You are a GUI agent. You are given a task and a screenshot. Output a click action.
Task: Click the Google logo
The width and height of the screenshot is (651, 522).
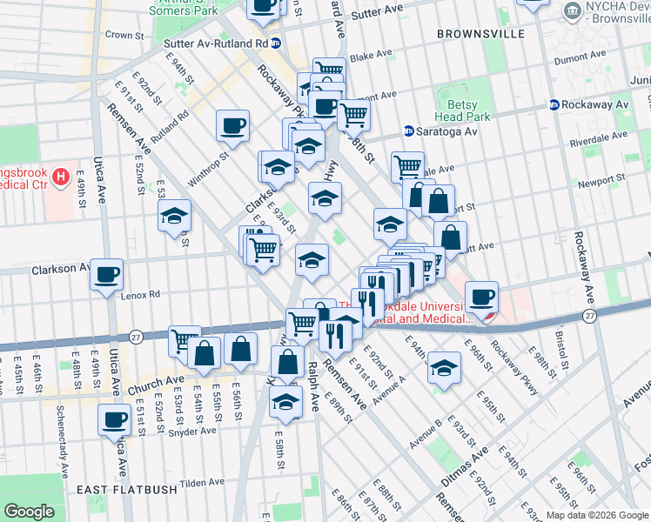click(28, 512)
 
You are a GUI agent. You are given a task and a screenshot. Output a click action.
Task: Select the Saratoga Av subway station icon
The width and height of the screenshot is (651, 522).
click(408, 131)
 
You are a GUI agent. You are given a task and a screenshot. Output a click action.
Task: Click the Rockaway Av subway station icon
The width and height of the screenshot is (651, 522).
click(554, 104)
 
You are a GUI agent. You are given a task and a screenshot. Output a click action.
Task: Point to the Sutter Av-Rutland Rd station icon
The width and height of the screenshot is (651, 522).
click(276, 43)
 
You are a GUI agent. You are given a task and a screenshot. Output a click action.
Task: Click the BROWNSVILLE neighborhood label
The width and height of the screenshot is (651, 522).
click(481, 33)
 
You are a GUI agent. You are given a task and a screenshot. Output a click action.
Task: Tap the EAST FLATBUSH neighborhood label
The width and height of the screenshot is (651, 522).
click(127, 490)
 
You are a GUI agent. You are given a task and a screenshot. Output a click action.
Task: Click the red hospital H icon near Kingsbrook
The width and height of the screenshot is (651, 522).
click(60, 178)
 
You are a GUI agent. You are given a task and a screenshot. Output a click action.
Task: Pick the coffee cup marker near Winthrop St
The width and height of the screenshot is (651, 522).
click(233, 124)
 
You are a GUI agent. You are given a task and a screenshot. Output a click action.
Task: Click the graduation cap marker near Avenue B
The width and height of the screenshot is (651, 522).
click(444, 366)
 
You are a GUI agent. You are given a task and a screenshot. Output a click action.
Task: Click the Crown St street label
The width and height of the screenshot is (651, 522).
click(124, 36)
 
